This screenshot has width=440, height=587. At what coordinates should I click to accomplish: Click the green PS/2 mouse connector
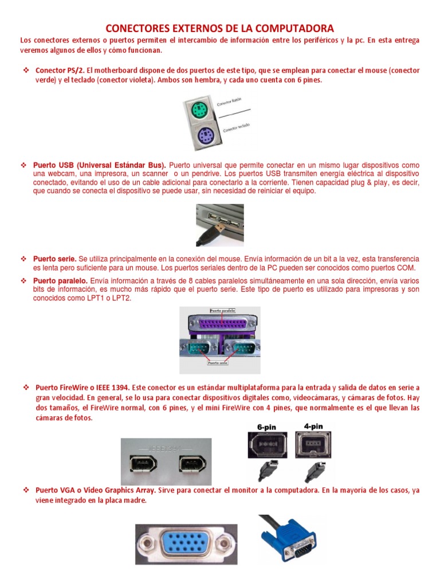199,110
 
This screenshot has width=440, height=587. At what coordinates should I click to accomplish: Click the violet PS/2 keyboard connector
199,138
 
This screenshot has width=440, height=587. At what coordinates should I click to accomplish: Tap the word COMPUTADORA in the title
289,28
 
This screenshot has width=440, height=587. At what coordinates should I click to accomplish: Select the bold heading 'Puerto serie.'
54,259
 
